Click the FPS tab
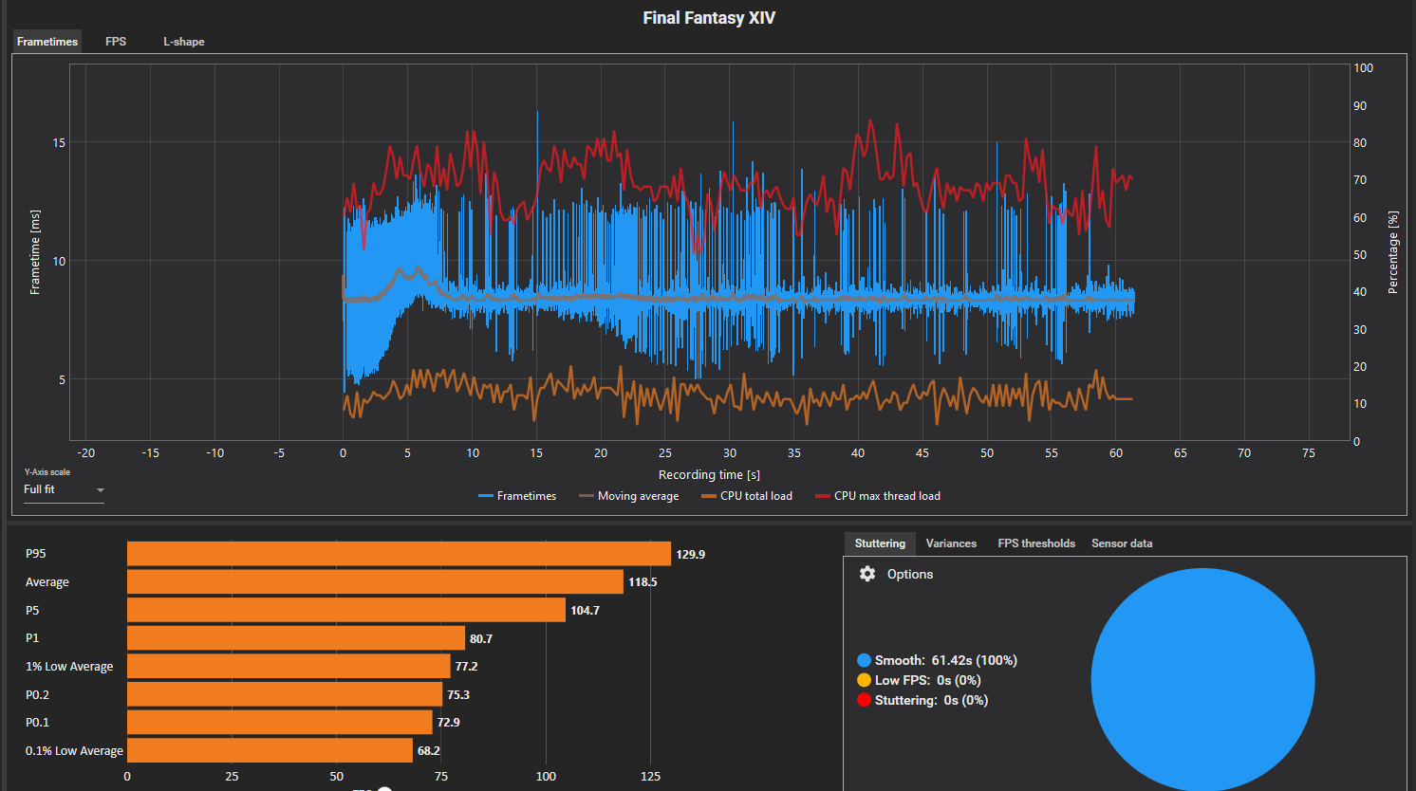[116, 42]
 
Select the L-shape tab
[184, 42]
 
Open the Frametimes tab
[47, 42]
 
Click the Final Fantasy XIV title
[709, 18]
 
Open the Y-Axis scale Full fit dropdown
[64, 489]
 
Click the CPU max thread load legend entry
[878, 496]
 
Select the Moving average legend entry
[629, 496]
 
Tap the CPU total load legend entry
[747, 496]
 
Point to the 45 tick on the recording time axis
[922, 453]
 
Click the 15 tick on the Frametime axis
[59, 143]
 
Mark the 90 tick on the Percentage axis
[1360, 105]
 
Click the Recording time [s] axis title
[709, 474]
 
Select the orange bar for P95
[399, 554]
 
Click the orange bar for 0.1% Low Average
[270, 750]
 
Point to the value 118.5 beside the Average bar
[643, 582]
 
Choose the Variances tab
[951, 543]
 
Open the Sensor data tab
[1122, 543]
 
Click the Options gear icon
[867, 574]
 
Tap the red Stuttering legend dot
[865, 700]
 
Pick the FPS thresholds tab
[1036, 543]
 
